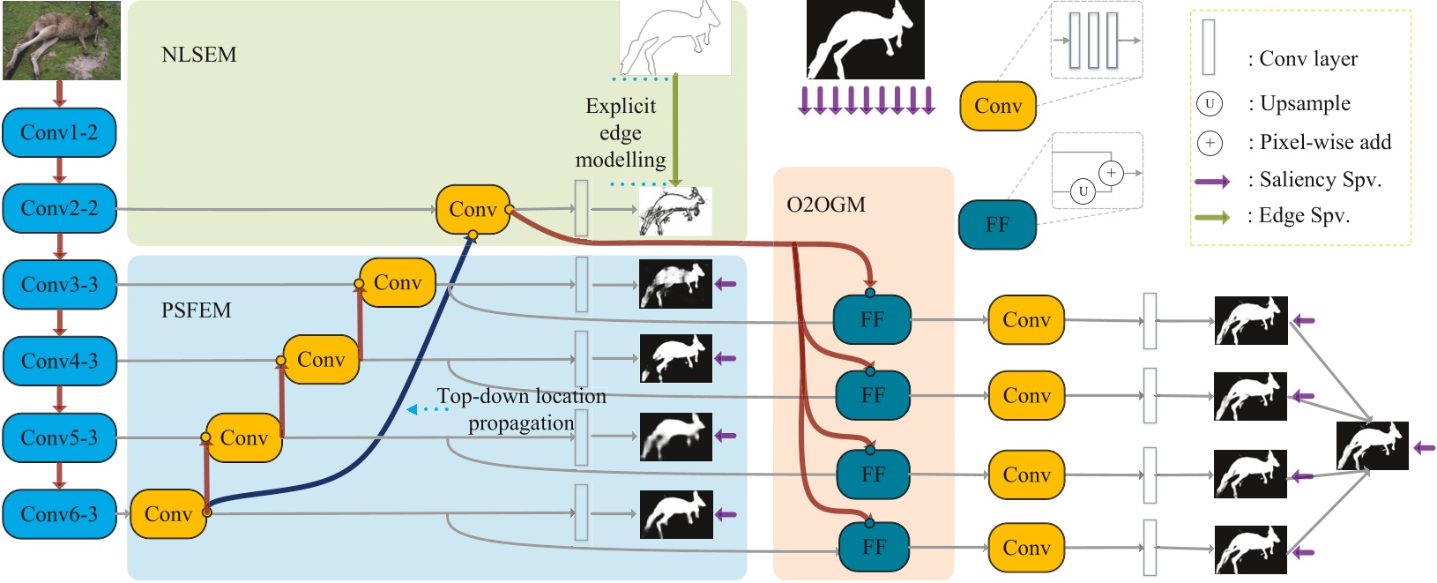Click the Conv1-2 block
pos(59,132)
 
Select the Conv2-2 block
pos(59,209)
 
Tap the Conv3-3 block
pos(59,285)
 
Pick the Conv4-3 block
pos(59,361)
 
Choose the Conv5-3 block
pos(59,437)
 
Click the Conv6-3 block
pos(59,514)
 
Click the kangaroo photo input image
pos(62,40)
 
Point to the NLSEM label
pos(198,55)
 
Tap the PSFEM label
pos(196,310)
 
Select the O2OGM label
pos(825,205)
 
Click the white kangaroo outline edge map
pos(675,38)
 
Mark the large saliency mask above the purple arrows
pos(865,40)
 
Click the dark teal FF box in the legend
pos(997,225)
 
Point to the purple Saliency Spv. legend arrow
pos(1212,181)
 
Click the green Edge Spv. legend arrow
pos(1212,217)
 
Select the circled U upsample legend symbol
pos(1210,103)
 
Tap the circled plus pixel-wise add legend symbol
pos(1210,142)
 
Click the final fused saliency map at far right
pos(1372,445)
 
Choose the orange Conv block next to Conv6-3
pos(168,514)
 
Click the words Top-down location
pos(521,397)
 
